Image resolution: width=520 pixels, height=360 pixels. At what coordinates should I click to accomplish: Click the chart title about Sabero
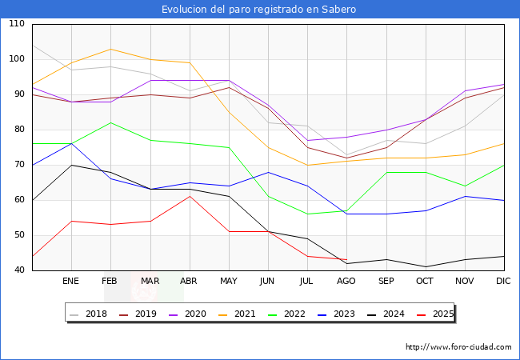pos(259,10)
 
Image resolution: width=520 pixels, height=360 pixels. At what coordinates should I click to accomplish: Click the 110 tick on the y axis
pos(17,24)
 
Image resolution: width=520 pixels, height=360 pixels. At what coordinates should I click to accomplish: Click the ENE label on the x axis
pos(71,282)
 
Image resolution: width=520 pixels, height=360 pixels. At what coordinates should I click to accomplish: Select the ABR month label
pos(190,282)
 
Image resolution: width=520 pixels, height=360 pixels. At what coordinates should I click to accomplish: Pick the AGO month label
pos(347,282)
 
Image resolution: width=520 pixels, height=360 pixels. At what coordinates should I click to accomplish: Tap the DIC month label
pos(504,282)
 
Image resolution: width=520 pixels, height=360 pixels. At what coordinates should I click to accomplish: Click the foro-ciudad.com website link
pos(458,347)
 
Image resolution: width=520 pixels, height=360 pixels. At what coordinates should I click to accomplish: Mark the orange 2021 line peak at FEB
pos(110,49)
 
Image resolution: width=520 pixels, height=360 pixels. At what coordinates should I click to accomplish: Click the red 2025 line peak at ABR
pos(190,196)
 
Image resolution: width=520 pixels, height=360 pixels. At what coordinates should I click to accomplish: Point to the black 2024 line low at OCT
pos(426,266)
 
